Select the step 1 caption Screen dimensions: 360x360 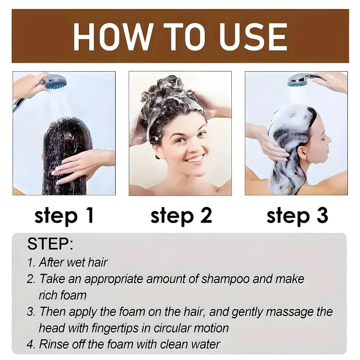click(x=64, y=216)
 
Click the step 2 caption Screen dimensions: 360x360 click(x=181, y=216)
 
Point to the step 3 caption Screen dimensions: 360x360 click(x=297, y=216)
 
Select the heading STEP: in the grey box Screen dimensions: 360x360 click(x=50, y=244)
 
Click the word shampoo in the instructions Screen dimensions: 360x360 click(x=225, y=279)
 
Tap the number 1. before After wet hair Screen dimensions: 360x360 click(x=31, y=262)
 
